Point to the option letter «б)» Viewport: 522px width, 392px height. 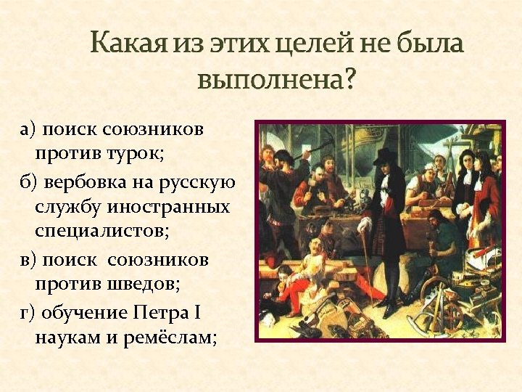[29, 181]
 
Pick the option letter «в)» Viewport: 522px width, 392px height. [28, 259]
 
